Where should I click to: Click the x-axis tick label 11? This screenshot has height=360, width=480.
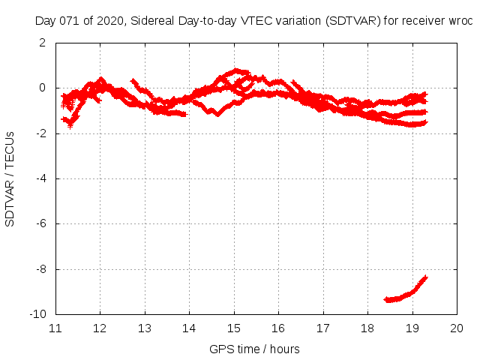pos(55,328)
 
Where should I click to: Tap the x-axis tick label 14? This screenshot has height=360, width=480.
pos(189,328)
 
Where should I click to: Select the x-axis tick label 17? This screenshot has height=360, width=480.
pos(323,328)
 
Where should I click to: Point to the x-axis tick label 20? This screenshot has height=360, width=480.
pos(457,328)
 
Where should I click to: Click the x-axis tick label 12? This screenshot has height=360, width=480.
pos(100,328)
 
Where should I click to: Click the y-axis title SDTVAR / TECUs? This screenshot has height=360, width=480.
pos(10,178)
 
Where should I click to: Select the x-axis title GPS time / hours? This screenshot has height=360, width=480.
pos(255,349)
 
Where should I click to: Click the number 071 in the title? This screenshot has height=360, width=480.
pos(69,21)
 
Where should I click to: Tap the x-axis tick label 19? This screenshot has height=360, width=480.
pos(412,328)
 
